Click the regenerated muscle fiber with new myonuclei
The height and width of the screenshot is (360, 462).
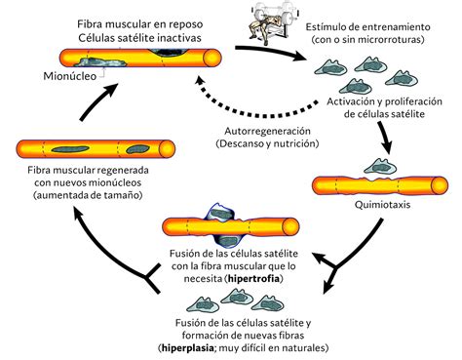coord(78,148)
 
